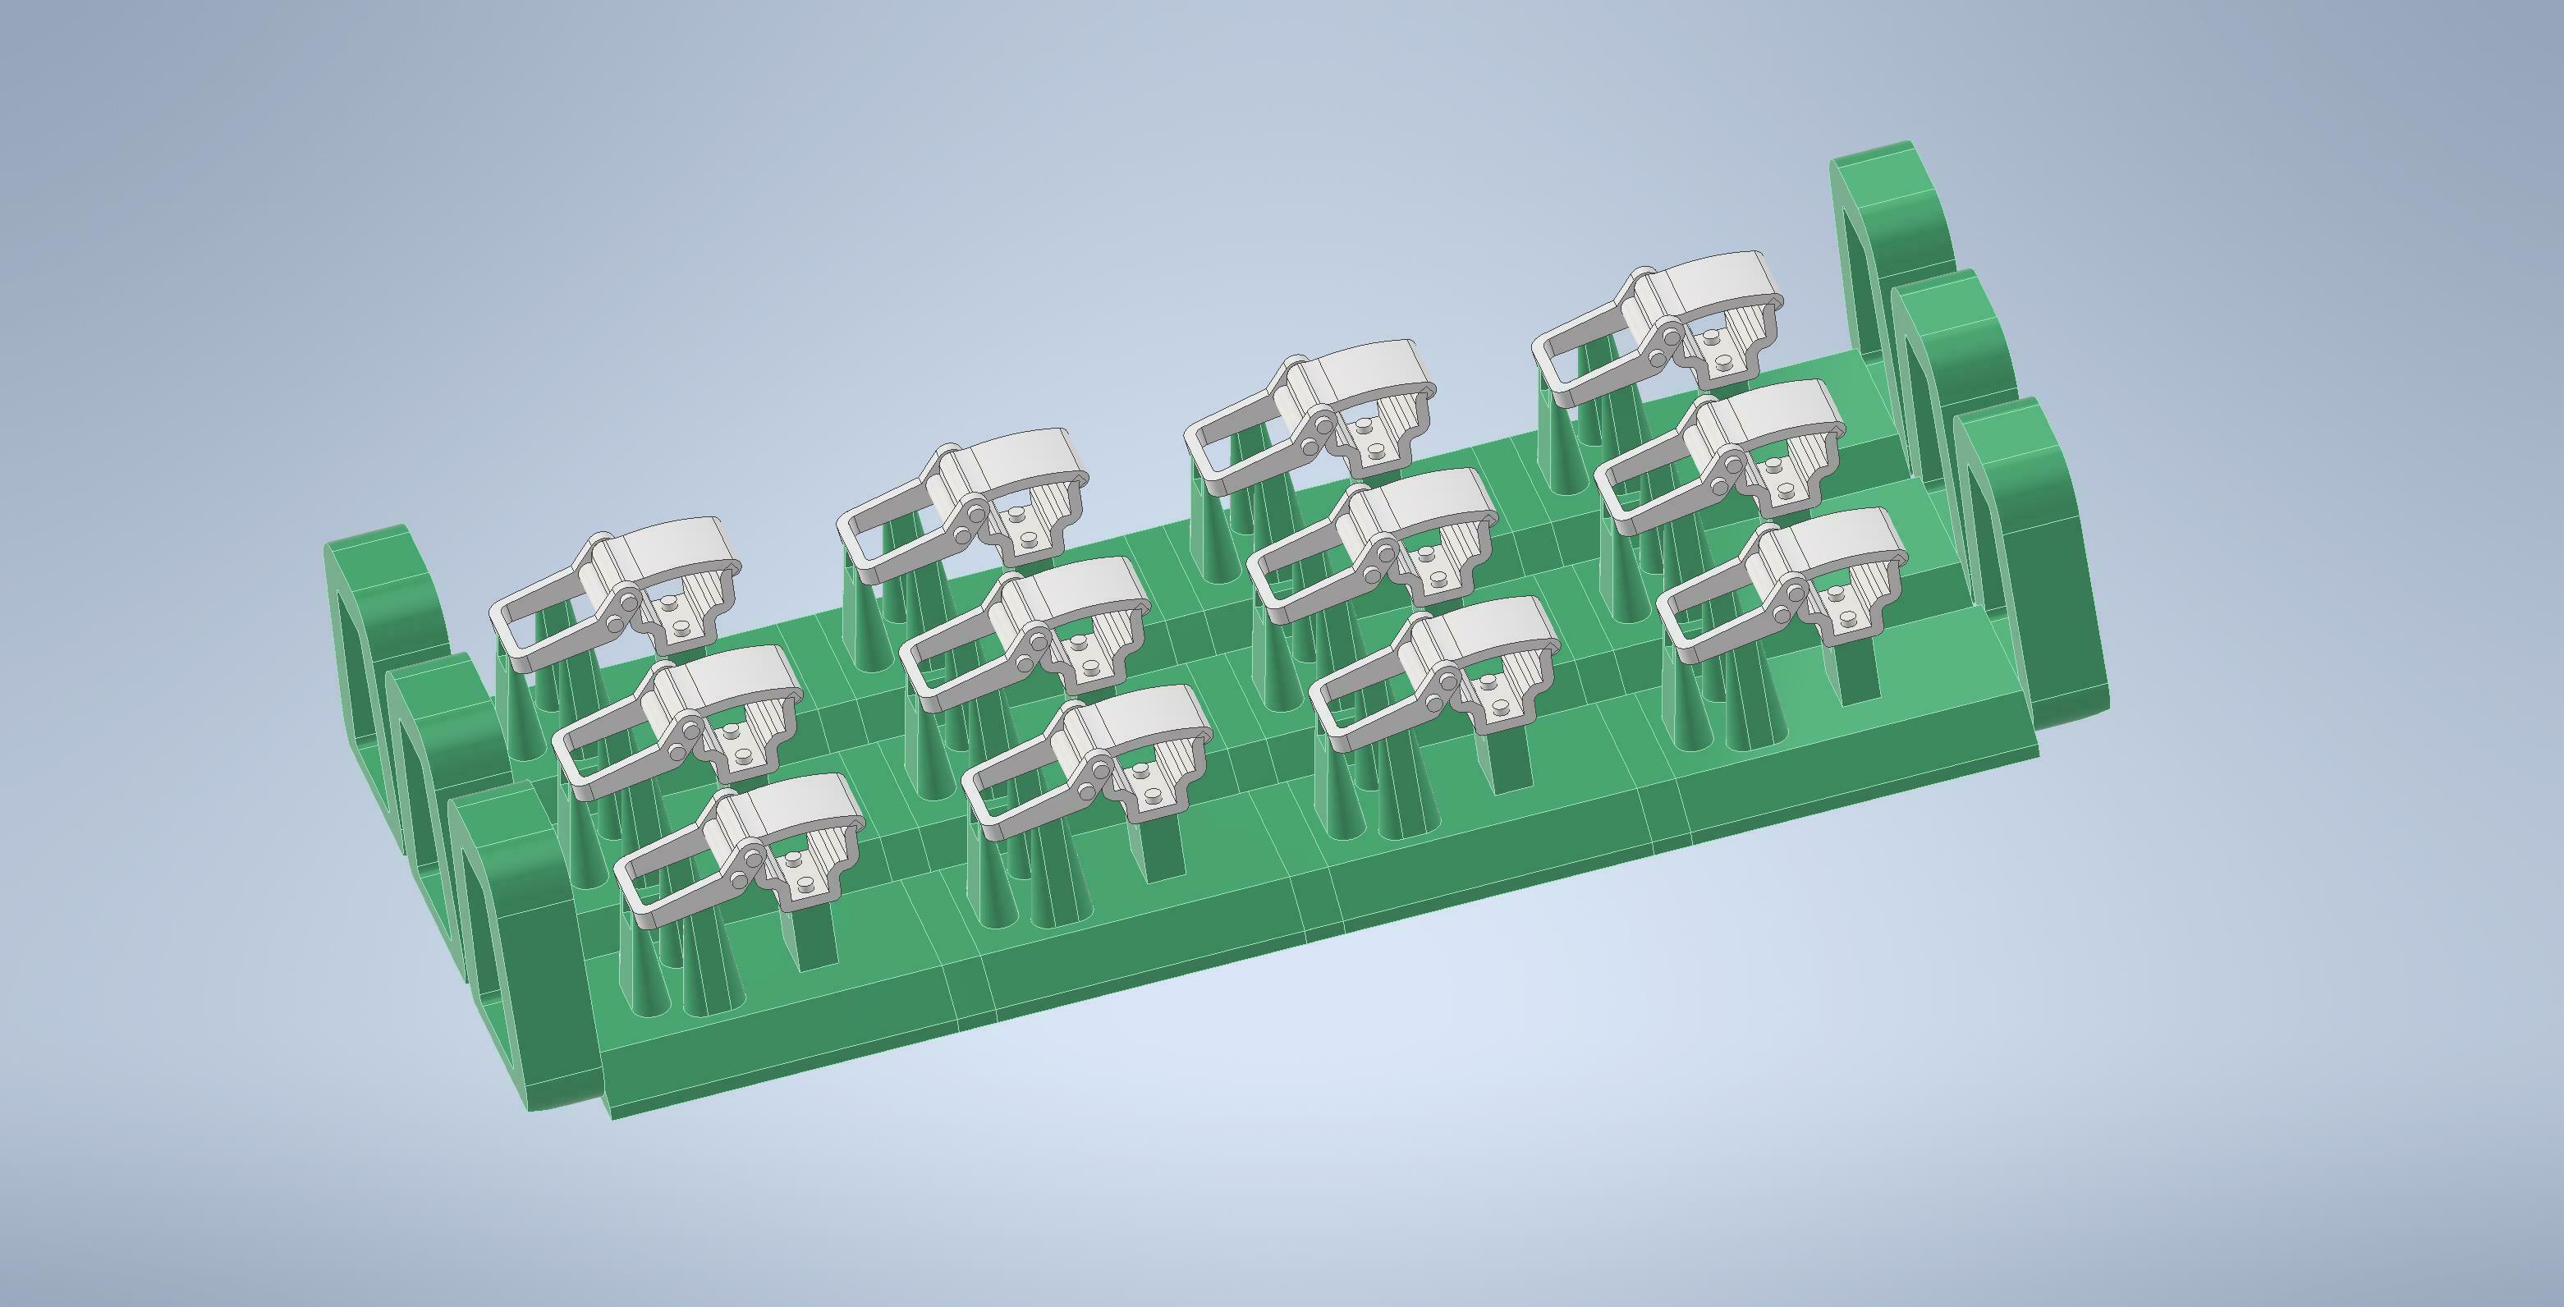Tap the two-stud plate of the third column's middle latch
(x=1440, y=567)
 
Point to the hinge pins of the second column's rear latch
(x=970, y=524)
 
